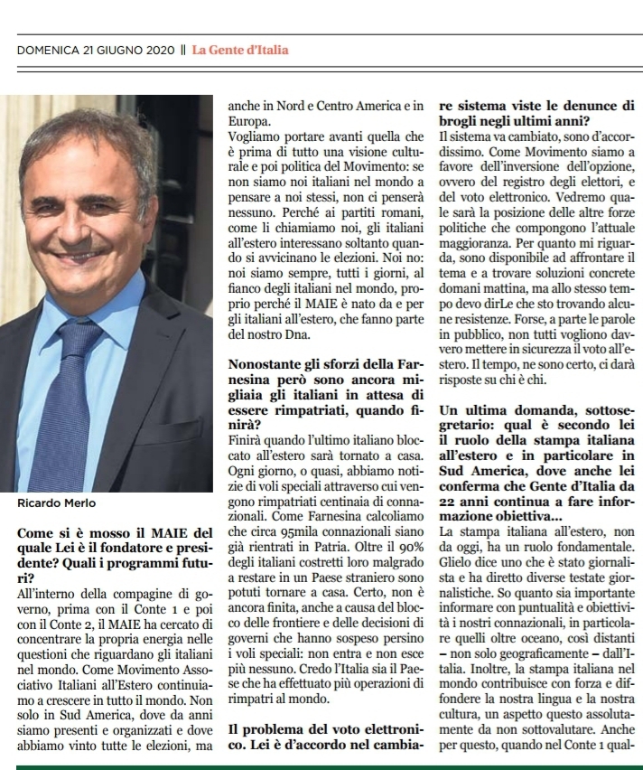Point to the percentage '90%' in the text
pyautogui.click(x=406, y=545)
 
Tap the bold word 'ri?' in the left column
pyautogui.click(x=26, y=576)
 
